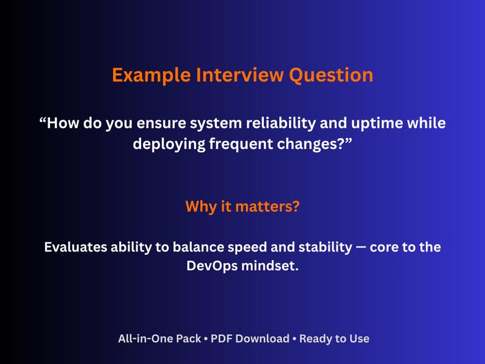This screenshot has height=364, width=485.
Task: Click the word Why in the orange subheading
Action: [201, 206]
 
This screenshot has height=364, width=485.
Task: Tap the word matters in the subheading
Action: [262, 206]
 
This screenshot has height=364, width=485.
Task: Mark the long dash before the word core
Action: [363, 248]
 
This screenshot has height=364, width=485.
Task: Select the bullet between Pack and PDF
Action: [206, 339]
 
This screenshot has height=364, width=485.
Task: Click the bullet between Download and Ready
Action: [294, 339]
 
